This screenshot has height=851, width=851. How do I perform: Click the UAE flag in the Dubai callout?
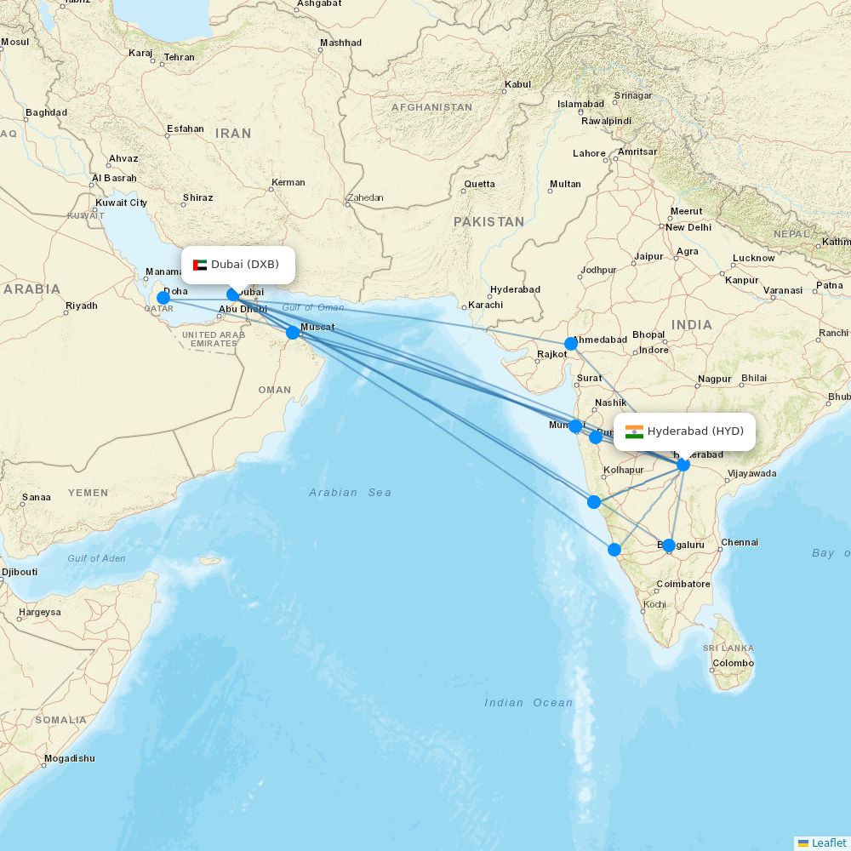coord(200,265)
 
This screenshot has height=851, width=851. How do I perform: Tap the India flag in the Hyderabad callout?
coord(634,431)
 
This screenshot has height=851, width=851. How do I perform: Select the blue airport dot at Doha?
coord(163,298)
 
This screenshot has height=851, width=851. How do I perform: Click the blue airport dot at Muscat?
coord(293,332)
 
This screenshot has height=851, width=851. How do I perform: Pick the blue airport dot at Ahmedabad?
coord(571,344)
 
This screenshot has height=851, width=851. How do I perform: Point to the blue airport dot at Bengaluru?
coord(669,545)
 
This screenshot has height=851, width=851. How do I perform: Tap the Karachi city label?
coord(485,305)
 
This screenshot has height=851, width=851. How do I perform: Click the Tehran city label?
coord(179,57)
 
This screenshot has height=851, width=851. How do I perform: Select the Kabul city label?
coord(517,84)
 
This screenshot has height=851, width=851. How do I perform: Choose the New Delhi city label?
coord(688,227)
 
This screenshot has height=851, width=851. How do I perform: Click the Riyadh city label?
coord(82,306)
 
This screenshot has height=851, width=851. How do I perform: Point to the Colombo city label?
coord(733,663)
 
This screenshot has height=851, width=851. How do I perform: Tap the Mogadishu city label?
coord(69,758)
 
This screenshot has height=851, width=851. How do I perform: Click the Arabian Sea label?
coord(350,493)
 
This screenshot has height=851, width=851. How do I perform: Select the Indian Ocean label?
coord(528,702)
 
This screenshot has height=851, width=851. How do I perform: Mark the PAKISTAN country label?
coord(488,221)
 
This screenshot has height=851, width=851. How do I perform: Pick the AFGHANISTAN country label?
coord(431,107)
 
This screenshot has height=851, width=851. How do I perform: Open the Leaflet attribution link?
coord(828,842)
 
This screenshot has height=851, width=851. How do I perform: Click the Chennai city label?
coord(740,542)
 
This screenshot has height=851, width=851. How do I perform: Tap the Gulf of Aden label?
coord(96,558)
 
